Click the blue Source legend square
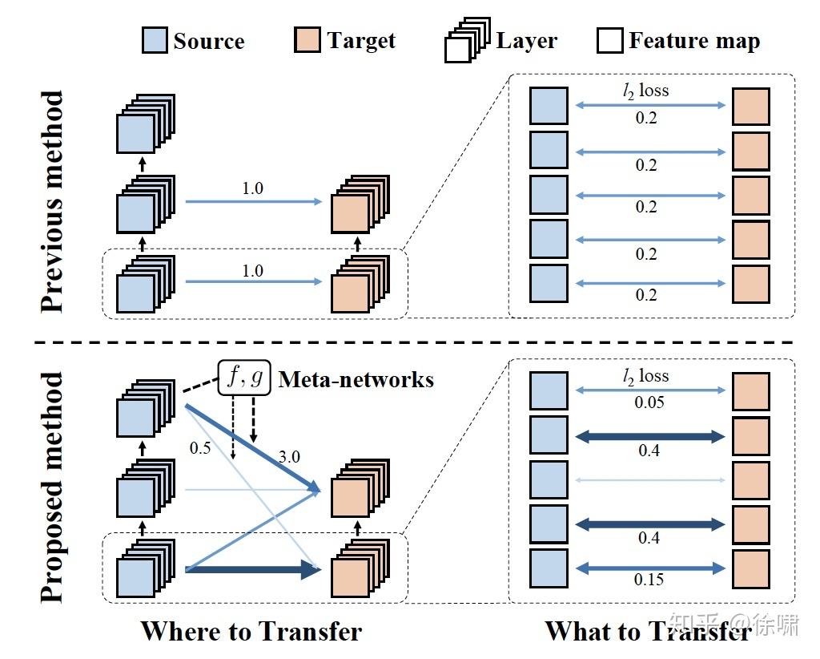[155, 40]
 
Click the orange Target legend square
[308, 40]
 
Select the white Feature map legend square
[609, 40]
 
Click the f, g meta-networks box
[244, 378]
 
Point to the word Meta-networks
[356, 378]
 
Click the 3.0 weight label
[288, 457]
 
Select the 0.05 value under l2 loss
[649, 402]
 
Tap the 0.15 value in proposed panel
[649, 579]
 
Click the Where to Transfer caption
[251, 631]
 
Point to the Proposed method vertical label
[52, 487]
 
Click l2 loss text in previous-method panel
[645, 91]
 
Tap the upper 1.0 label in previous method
[252, 188]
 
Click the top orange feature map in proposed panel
[750, 391]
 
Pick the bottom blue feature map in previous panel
[549, 284]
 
